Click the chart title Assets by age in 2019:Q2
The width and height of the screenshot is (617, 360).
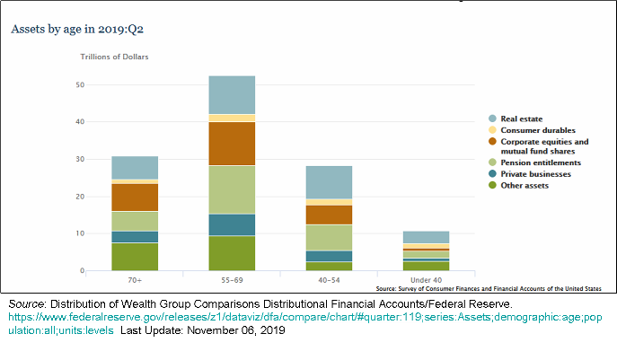(77, 29)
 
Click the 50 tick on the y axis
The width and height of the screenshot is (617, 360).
(81, 85)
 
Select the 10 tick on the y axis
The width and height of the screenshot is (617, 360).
(81, 233)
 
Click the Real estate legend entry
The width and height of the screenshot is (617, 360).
(521, 119)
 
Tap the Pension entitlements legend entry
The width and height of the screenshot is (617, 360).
(540, 162)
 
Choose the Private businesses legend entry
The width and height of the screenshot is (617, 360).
(535, 173)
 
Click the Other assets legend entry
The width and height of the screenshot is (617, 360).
(524, 185)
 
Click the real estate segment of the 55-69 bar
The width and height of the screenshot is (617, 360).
(232, 95)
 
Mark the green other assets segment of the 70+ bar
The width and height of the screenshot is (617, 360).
(135, 257)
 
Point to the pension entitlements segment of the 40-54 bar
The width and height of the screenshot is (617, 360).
(329, 238)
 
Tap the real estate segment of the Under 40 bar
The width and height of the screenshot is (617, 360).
(426, 237)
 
